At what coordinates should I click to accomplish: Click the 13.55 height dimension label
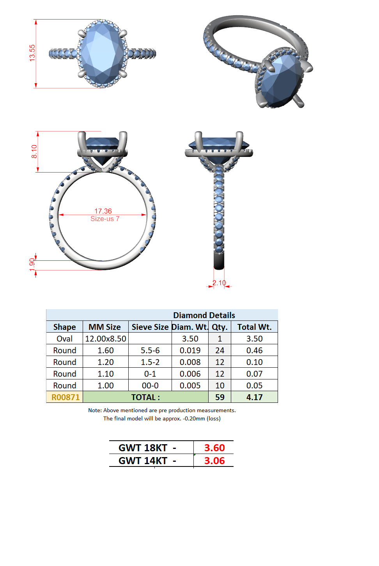(32, 53)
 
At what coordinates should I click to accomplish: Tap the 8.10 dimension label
(34, 151)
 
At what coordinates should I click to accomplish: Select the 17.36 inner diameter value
(103, 211)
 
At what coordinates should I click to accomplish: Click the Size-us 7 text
(105, 219)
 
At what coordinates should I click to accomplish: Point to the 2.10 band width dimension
(219, 283)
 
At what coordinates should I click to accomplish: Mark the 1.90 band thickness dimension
(32, 265)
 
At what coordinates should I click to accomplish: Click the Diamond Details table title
(204, 315)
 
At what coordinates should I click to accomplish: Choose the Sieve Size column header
(150, 327)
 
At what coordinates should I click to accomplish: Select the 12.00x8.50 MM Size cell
(106, 338)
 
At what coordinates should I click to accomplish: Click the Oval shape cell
(65, 338)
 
